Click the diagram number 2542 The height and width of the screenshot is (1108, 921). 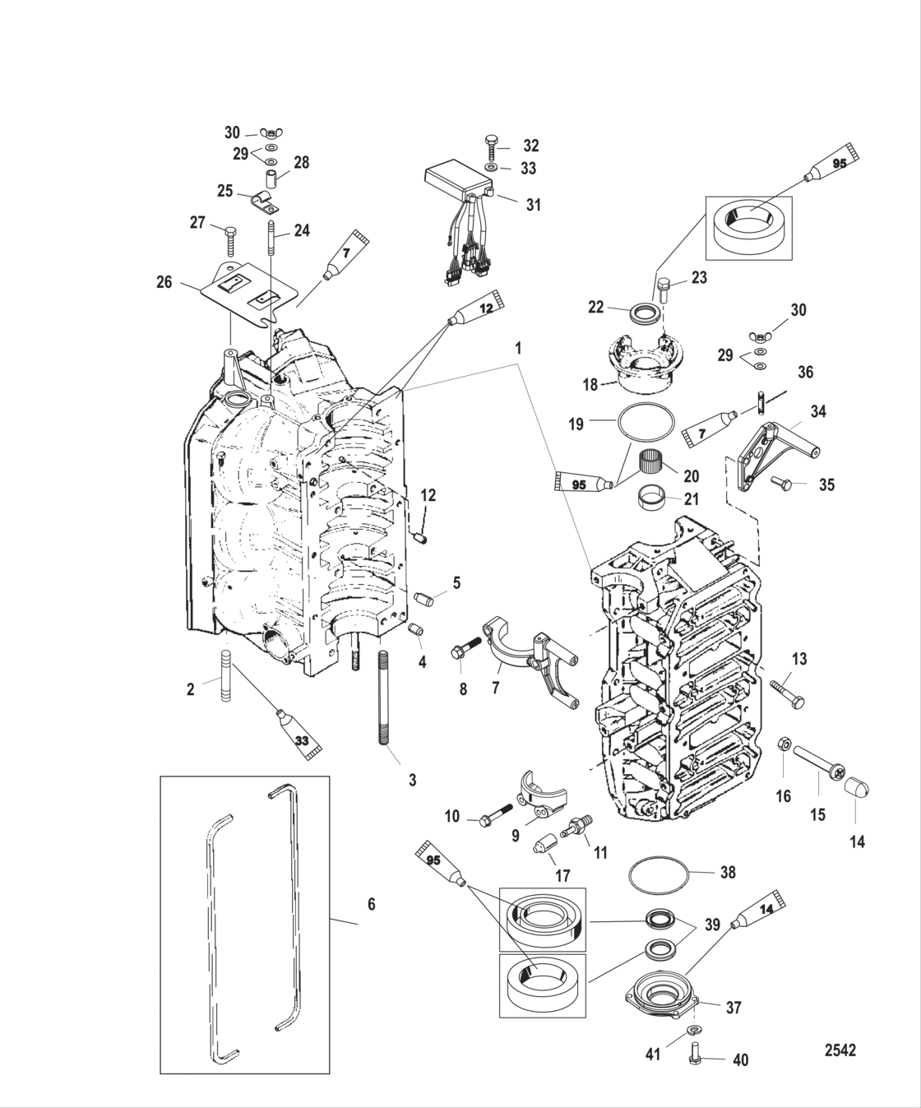[840, 1050]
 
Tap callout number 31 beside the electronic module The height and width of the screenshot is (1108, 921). [534, 204]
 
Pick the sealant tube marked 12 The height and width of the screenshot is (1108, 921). [476, 307]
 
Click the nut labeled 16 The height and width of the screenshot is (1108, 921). [784, 747]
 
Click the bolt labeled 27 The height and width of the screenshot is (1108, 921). [229, 239]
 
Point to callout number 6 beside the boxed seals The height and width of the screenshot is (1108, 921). [371, 904]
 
